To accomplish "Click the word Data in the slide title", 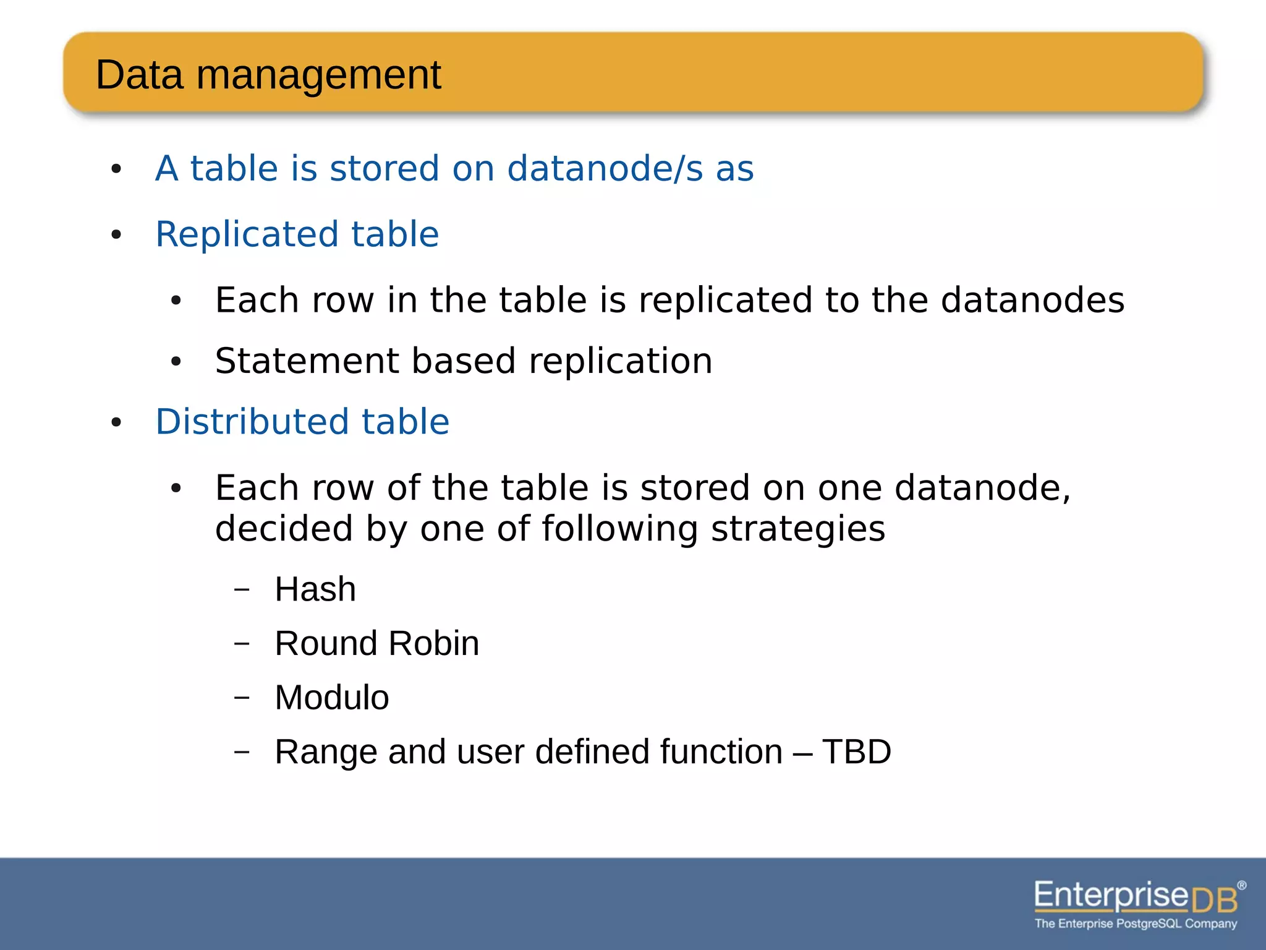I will coord(140,75).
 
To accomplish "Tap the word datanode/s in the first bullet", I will coord(605,168).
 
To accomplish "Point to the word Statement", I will coord(307,361).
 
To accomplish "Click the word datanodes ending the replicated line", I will coord(1032,300).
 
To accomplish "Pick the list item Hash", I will coord(315,589).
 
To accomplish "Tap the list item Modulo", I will coord(332,698).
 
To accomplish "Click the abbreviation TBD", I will coord(856,752).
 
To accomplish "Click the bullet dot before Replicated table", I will coord(116,235).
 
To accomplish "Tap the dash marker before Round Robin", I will coord(242,643).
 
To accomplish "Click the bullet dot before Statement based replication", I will coord(176,361).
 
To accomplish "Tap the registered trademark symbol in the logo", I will coord(1242,885).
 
